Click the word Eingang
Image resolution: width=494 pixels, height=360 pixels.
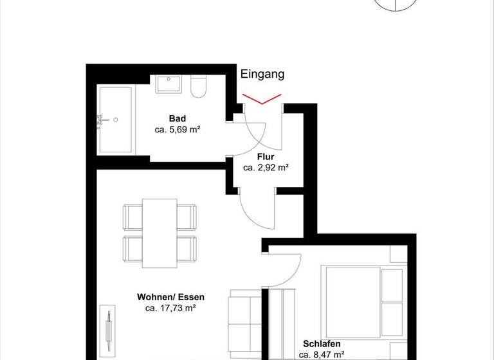[x=262, y=74]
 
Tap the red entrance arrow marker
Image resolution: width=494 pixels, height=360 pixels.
[x=261, y=99]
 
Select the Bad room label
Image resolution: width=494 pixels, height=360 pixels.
[x=178, y=118]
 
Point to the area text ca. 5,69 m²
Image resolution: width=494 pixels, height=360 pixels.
[x=178, y=129]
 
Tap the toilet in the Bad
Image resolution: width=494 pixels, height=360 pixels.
[x=198, y=86]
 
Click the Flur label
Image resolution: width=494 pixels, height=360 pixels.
[x=266, y=156]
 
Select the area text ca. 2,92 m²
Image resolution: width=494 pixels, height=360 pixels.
[x=266, y=167]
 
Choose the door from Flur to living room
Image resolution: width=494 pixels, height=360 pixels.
[x=254, y=209]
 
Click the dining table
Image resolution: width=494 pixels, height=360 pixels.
[x=160, y=233]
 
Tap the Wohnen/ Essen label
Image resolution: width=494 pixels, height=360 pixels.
[x=170, y=297]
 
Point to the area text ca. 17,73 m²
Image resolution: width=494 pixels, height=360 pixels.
[x=170, y=308]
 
